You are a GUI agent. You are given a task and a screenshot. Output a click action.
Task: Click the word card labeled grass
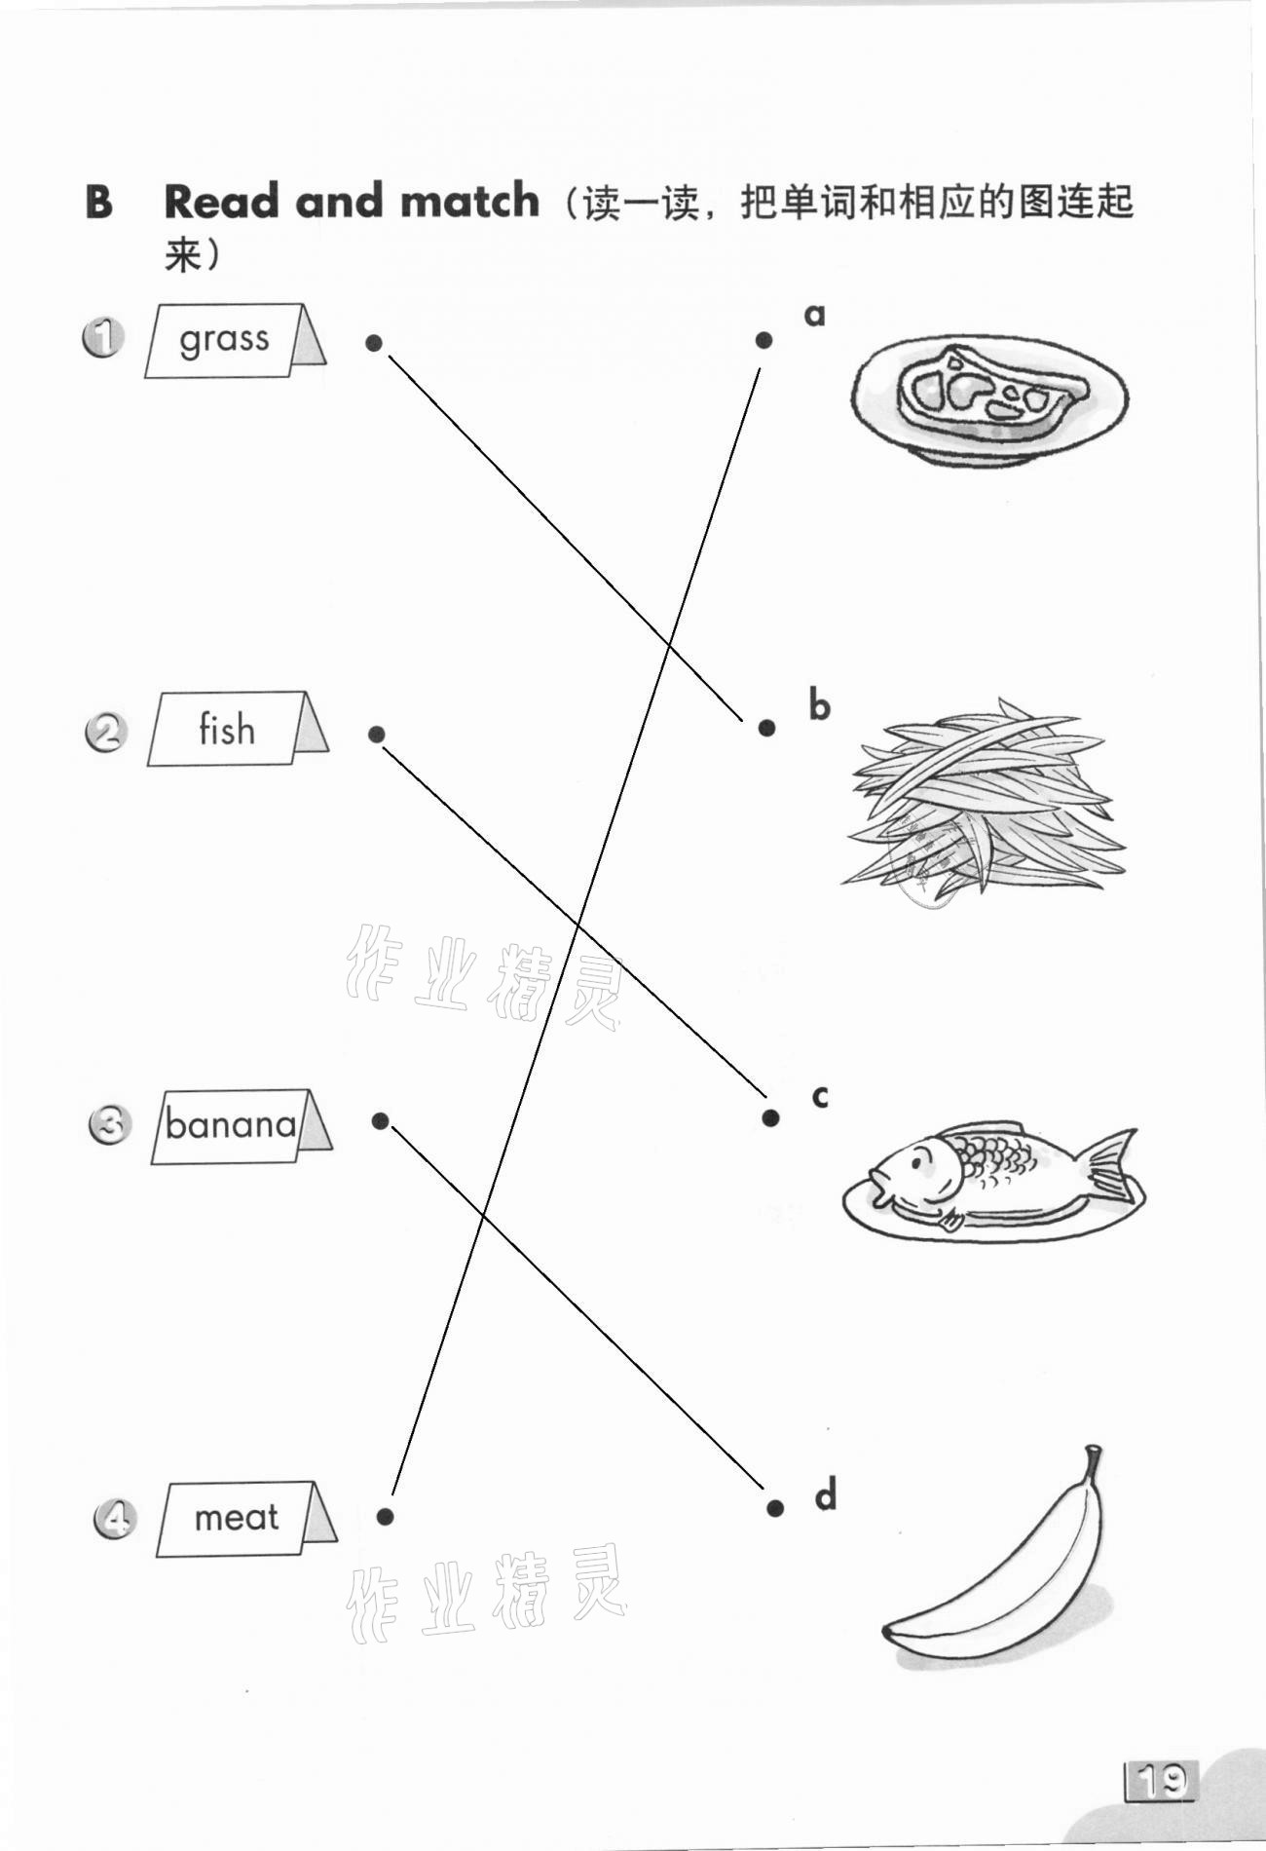pyautogui.click(x=235, y=340)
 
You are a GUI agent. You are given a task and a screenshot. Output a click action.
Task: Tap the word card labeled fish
pyautogui.click(x=238, y=729)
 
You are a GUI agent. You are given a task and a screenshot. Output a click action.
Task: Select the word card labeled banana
pyautogui.click(x=242, y=1126)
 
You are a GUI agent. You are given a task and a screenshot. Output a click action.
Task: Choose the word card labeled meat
pyautogui.click(x=246, y=1519)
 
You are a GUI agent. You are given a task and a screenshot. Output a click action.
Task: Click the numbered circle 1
pyautogui.click(x=102, y=338)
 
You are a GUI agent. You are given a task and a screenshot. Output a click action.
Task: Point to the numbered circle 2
pyautogui.click(x=105, y=733)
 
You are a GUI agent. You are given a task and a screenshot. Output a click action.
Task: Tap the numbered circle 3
pyautogui.click(x=109, y=1125)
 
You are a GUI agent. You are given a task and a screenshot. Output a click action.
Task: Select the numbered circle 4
pyautogui.click(x=114, y=1520)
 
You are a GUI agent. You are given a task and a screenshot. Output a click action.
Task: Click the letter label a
pyautogui.click(x=814, y=316)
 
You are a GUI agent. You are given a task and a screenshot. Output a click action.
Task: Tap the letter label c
pyautogui.click(x=820, y=1097)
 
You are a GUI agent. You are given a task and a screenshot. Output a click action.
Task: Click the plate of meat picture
pyautogui.click(x=988, y=399)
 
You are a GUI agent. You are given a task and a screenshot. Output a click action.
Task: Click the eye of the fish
pyautogui.click(x=917, y=1158)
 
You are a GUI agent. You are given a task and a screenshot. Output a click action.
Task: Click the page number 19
pyautogui.click(x=1162, y=1782)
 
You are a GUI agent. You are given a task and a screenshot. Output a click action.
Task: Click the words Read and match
pyautogui.click(x=351, y=201)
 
